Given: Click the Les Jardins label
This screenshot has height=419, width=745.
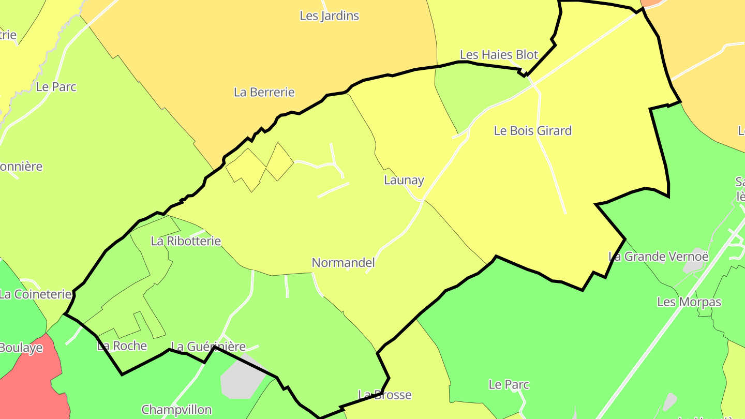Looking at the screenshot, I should (329, 16).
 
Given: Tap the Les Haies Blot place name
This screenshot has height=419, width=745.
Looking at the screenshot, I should (499, 55).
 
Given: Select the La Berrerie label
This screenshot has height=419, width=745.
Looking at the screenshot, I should (264, 93).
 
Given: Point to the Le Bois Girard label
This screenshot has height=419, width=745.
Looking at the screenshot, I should (533, 131).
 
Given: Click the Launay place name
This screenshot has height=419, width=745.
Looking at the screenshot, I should (404, 181).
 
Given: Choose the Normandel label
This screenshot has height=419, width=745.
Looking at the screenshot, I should (343, 263).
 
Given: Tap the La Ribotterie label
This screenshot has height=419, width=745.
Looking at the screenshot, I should (186, 241).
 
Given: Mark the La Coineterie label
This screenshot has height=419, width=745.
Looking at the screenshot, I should (35, 295).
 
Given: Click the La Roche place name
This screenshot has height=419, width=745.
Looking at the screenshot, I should (122, 346).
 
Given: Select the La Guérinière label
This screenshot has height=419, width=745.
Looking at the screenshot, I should (208, 347).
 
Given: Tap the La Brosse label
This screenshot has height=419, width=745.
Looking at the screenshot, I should (385, 395).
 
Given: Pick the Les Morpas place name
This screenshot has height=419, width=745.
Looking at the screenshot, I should (689, 302).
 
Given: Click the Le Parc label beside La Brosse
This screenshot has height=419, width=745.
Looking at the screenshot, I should (509, 385).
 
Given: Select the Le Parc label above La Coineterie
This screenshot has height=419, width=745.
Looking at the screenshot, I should (56, 87).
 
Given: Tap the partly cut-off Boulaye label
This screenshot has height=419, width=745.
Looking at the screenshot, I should (21, 348).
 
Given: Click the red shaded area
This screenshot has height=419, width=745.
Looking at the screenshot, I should (31, 383).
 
